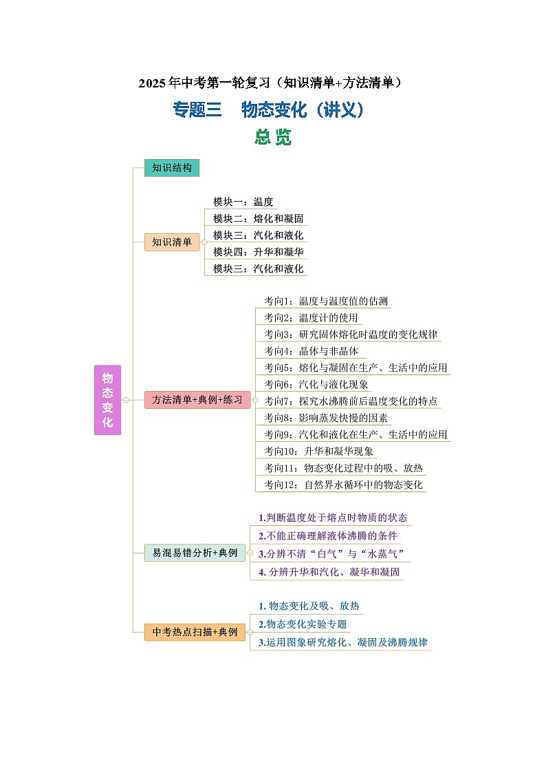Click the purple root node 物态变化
click(x=107, y=399)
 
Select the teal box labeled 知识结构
click(x=172, y=168)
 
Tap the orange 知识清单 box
click(x=172, y=242)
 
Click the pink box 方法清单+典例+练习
click(x=197, y=400)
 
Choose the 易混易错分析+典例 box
click(x=195, y=553)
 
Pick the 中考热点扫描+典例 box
click(x=195, y=632)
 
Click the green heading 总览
click(x=273, y=137)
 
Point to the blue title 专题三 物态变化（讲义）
click(x=268, y=110)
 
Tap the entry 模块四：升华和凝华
click(x=258, y=252)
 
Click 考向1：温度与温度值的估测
click(x=326, y=301)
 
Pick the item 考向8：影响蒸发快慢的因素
click(x=326, y=418)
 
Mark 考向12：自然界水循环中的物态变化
click(x=343, y=485)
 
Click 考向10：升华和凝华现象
click(x=318, y=452)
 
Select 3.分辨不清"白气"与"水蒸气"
click(x=330, y=553)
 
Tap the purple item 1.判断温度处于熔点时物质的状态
click(x=333, y=518)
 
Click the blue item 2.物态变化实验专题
click(x=303, y=624)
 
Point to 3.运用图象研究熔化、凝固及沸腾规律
click(x=342, y=642)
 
